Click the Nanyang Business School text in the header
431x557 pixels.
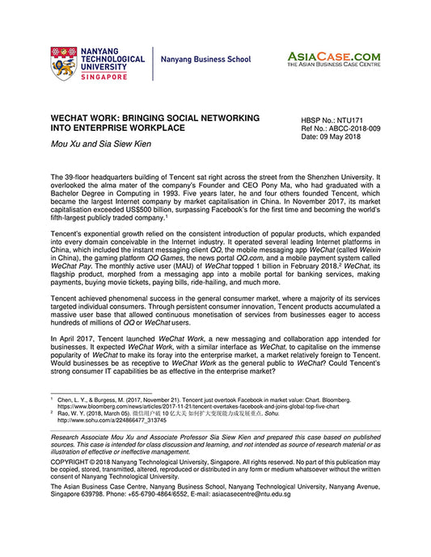[204, 61]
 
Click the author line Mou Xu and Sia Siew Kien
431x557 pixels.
[104, 146]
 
